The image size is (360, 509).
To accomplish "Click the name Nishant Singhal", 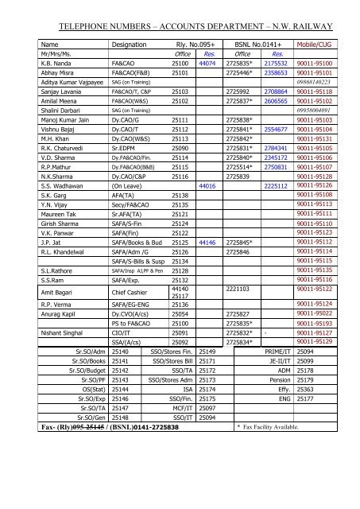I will [65, 335].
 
